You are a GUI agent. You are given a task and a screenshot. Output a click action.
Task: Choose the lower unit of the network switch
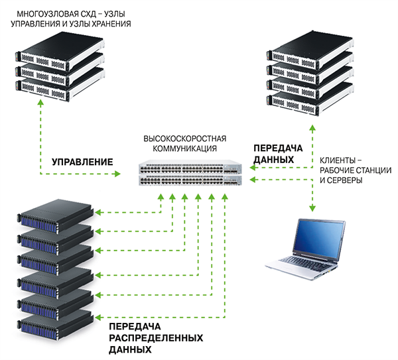(x=192, y=180)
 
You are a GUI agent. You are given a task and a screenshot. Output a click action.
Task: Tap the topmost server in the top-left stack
(x=60, y=47)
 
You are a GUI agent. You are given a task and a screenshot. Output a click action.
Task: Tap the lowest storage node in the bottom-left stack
(x=56, y=326)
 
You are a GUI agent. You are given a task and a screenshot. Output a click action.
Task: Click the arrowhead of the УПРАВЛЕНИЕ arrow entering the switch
(x=118, y=174)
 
